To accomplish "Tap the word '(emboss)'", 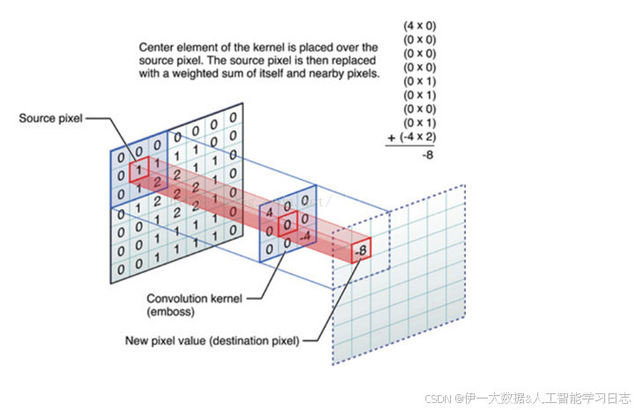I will coord(171,310).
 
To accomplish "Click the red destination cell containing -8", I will coord(360,250).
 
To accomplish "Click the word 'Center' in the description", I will coord(157,47).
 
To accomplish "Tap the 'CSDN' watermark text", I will coord(438,399).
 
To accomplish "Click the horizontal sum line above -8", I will coord(411,145).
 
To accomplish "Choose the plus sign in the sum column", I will coord(390,138).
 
